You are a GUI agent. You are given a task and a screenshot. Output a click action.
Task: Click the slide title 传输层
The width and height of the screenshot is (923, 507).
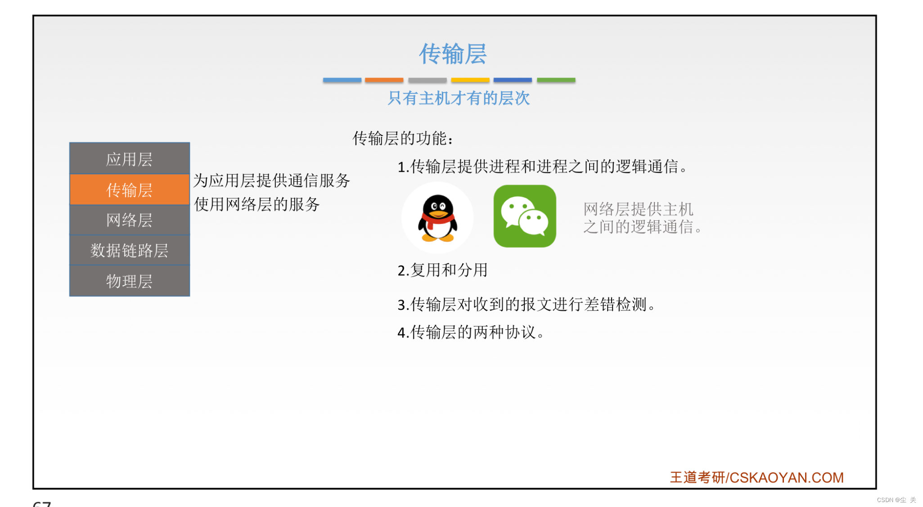(x=453, y=54)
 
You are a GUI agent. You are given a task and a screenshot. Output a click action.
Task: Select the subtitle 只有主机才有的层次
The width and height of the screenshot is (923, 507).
(x=459, y=98)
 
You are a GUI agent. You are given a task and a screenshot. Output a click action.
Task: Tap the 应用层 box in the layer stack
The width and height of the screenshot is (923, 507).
(x=130, y=159)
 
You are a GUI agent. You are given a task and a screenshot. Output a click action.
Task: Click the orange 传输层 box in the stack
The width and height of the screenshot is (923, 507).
(x=130, y=189)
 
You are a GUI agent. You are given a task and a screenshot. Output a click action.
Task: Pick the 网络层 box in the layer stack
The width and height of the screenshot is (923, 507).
(x=130, y=220)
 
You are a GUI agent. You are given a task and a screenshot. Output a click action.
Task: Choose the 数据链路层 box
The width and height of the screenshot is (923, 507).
(x=130, y=250)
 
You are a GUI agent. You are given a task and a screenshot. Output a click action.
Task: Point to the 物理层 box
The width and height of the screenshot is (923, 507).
(x=130, y=281)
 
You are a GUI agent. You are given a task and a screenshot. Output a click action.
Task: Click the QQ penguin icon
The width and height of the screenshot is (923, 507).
(x=437, y=218)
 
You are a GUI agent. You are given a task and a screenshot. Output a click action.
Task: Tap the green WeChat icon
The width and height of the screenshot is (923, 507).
(x=525, y=216)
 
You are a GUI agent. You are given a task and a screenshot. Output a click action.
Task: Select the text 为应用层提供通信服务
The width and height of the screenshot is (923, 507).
(x=271, y=180)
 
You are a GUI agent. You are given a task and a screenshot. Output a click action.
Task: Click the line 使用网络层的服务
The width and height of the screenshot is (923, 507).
(x=257, y=204)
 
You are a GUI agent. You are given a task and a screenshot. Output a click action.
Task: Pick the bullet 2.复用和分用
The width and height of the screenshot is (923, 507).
(x=442, y=270)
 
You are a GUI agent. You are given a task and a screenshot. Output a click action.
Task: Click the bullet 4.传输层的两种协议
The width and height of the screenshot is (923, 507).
(x=471, y=332)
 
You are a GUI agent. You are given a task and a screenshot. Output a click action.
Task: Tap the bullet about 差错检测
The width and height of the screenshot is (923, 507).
(x=526, y=304)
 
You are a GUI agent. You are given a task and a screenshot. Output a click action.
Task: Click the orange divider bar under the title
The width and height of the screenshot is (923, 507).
(x=384, y=80)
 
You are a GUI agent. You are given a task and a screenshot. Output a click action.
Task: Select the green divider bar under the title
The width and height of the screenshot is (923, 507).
(x=556, y=80)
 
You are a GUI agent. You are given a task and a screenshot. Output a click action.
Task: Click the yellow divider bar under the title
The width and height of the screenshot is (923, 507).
(x=470, y=80)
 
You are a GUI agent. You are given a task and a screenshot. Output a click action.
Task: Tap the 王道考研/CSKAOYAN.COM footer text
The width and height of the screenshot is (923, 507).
(x=756, y=477)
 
